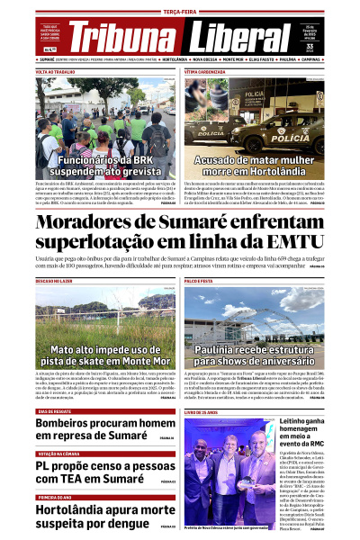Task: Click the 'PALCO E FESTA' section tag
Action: (202, 280)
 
